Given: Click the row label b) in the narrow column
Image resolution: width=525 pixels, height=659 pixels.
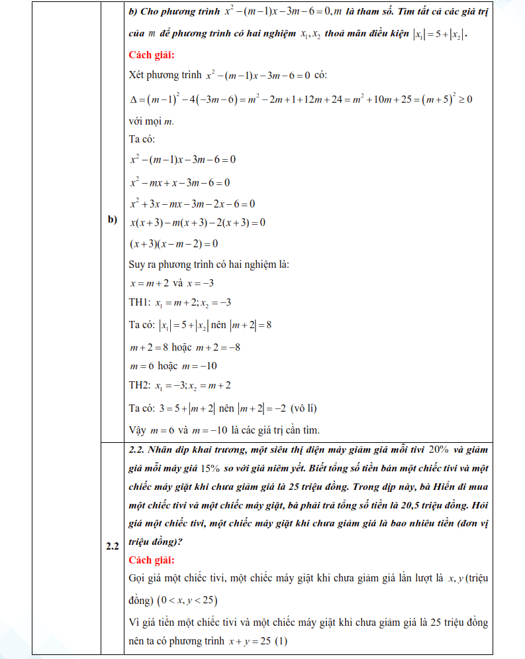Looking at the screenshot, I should click(x=112, y=219).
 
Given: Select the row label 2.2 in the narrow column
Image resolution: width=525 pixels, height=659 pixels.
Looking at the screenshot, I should click(x=112, y=546).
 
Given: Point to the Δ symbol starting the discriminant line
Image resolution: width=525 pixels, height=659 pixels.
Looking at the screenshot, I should click(x=133, y=99).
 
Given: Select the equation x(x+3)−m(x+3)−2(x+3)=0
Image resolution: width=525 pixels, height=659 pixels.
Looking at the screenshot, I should click(x=198, y=223).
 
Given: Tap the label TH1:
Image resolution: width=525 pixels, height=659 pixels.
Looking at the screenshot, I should click(x=140, y=303).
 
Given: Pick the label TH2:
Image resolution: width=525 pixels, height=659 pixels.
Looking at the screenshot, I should click(x=140, y=385).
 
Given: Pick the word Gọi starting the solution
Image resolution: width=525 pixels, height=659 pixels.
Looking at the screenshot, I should click(x=138, y=579).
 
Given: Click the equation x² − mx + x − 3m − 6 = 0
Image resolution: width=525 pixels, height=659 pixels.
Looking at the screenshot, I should click(x=180, y=182).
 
